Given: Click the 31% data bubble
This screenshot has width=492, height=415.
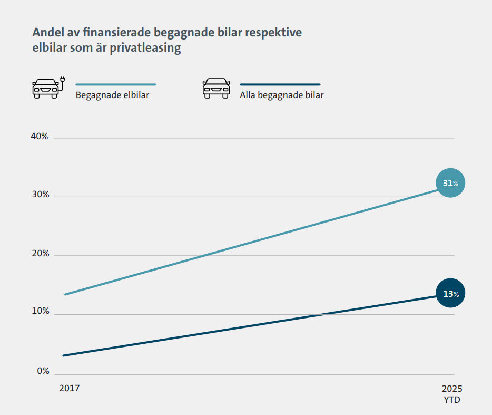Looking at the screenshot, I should pos(450,183).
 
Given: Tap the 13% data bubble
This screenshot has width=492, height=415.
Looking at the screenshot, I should pos(450,294).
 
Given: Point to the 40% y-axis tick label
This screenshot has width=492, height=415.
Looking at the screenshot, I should pos(40,137).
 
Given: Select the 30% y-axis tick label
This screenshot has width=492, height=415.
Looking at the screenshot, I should pos(40,195).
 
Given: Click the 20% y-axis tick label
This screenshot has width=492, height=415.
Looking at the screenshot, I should pos(40,254).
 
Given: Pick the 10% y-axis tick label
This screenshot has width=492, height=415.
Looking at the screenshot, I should pos(40,312).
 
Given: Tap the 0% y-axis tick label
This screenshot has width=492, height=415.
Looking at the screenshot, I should pos(43,371).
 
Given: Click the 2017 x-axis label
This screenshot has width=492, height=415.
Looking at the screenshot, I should pos(69,388).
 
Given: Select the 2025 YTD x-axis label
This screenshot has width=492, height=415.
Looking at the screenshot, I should pos(451,394).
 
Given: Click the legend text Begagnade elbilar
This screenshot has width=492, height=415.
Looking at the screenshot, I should pos(112,95).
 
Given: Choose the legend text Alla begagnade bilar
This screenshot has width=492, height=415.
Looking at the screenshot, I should pos(281,95).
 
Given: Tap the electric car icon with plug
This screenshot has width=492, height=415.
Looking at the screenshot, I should pos(46,88).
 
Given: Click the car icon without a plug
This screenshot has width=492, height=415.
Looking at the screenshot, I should pos(217,88).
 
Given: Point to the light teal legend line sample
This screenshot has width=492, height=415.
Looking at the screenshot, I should pos(116,84).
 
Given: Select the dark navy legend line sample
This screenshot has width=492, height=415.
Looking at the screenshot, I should pos(280,84).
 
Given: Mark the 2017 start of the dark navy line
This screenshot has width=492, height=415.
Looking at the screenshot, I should pos(64,355).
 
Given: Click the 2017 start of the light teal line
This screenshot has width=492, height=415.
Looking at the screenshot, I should pos(65,294).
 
